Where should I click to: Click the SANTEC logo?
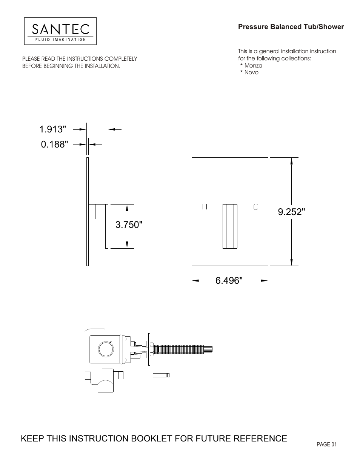(x=60, y=29)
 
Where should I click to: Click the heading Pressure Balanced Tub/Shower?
(x=291, y=27)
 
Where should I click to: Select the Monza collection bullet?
(x=252, y=65)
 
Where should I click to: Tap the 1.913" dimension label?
(x=52, y=129)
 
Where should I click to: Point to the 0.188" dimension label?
(x=55, y=144)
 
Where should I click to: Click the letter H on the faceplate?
(x=205, y=207)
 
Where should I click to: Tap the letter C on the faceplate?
(x=255, y=206)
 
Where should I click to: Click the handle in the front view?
(x=230, y=226)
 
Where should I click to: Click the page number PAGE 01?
(x=326, y=444)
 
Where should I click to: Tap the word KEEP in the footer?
(x=32, y=438)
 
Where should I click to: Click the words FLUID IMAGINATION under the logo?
(x=60, y=39)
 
